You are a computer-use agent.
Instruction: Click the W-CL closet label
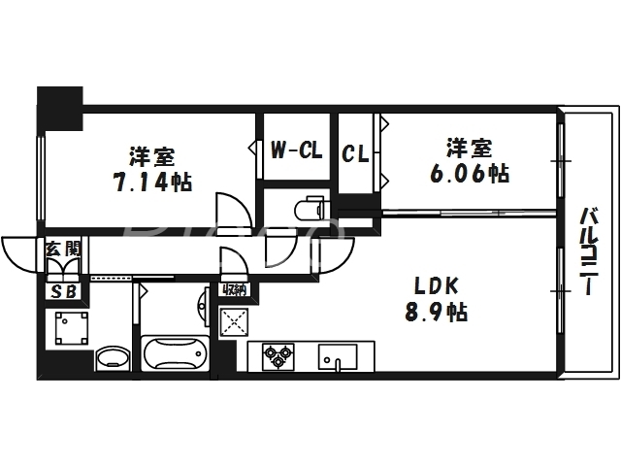[295, 150]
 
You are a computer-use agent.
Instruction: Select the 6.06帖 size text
[470, 174]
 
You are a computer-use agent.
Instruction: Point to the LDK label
[436, 285]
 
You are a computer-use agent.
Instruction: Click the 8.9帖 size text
[437, 313]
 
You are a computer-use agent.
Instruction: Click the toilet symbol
[310, 209]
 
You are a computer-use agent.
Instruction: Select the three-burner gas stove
[276, 357]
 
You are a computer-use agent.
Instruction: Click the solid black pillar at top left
[59, 104]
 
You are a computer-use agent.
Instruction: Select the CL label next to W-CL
[354, 153]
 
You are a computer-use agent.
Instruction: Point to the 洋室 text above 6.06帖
[469, 149]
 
